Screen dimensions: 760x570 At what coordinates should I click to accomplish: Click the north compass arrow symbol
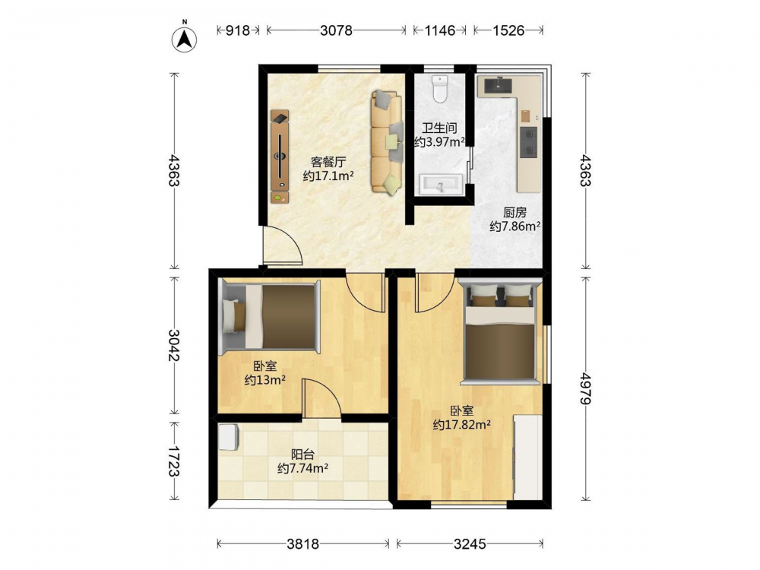coord(184,39)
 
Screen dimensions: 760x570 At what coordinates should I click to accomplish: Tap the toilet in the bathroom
coord(439,89)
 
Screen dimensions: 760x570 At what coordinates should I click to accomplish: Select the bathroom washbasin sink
coord(440,184)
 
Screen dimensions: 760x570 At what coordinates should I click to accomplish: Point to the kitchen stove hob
coord(528,142)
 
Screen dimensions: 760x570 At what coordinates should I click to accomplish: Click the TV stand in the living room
coord(280,156)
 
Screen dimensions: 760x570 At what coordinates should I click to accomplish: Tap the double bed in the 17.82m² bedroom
coord(500,332)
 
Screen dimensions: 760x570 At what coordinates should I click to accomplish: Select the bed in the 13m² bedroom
coord(270,316)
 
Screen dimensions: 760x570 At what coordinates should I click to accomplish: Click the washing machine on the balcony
coord(228,437)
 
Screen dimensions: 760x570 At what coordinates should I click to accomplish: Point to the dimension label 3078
coord(336,30)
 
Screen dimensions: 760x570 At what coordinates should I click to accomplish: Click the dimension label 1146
coord(439,30)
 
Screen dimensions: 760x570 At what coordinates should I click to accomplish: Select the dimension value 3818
coord(303,544)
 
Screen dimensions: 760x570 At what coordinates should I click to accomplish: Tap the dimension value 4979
coord(585,388)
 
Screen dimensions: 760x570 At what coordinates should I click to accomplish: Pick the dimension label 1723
coord(173,461)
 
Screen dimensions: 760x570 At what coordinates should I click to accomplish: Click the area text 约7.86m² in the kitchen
coord(515,226)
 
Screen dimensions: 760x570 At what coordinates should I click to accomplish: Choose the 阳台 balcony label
coord(302,454)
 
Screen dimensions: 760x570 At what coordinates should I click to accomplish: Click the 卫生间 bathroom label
coord(439,128)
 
